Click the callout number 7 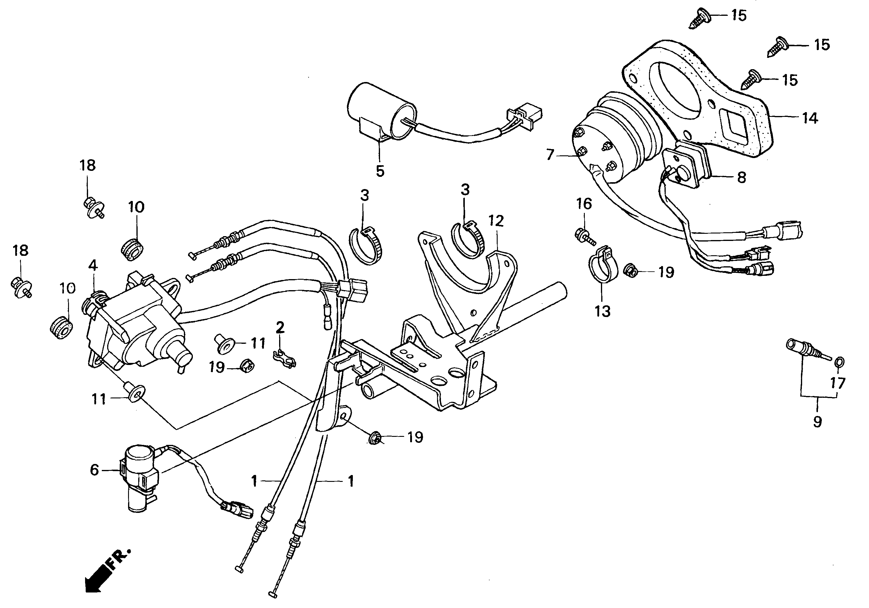pyautogui.click(x=550, y=155)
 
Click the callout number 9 pyautogui.click(x=817, y=421)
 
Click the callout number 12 pyautogui.click(x=496, y=221)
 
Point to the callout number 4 pyautogui.click(x=93, y=265)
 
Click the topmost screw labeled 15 pyautogui.click(x=698, y=17)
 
